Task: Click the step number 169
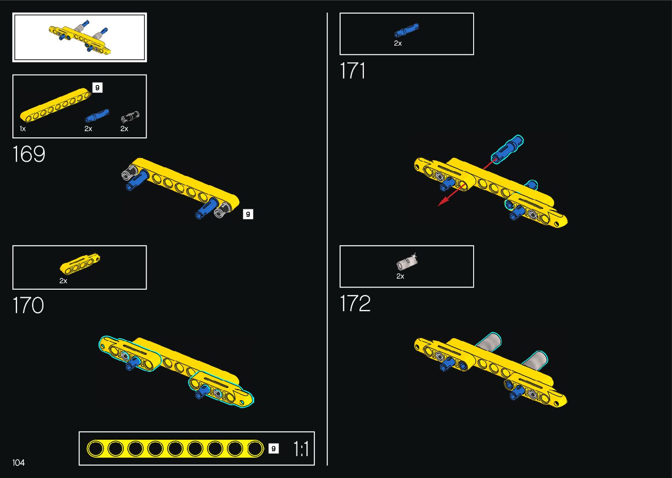click(x=29, y=154)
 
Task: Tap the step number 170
click(x=29, y=305)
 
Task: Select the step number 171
click(x=352, y=71)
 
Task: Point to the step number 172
click(x=355, y=303)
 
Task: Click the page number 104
click(x=18, y=463)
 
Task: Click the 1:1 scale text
click(x=301, y=449)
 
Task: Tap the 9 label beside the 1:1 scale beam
click(x=273, y=449)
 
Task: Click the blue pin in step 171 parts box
click(x=406, y=31)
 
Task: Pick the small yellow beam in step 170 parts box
click(x=80, y=264)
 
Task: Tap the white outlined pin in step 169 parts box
click(x=130, y=117)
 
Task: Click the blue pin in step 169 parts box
click(x=97, y=116)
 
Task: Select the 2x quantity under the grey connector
click(x=400, y=276)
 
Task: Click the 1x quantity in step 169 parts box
click(x=23, y=129)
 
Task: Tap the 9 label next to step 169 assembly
click(x=248, y=214)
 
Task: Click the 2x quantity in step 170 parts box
click(x=63, y=281)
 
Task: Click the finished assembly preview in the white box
click(x=80, y=37)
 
